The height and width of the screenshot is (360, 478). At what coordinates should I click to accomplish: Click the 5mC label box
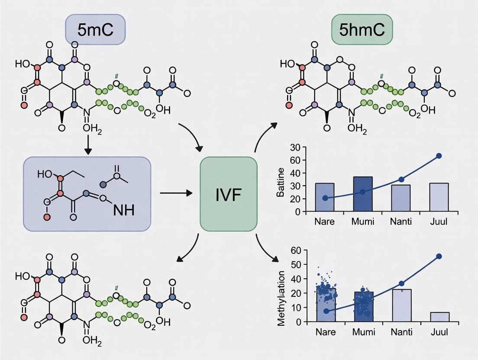[x=95, y=29]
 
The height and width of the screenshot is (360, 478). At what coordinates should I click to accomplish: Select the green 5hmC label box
[x=362, y=29]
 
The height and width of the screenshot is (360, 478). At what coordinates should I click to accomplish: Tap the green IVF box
[x=228, y=194]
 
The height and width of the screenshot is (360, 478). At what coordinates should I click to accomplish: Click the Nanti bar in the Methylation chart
[x=401, y=305]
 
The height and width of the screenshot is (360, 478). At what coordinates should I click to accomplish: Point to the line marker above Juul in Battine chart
[x=439, y=156]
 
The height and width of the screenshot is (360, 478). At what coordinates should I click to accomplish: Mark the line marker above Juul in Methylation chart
[x=439, y=256]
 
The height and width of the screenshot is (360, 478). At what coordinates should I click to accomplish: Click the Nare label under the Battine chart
[x=325, y=222]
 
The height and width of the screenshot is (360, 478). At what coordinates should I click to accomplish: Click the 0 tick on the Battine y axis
[x=298, y=212]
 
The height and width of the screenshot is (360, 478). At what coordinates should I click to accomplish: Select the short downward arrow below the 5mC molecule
[x=88, y=146]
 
